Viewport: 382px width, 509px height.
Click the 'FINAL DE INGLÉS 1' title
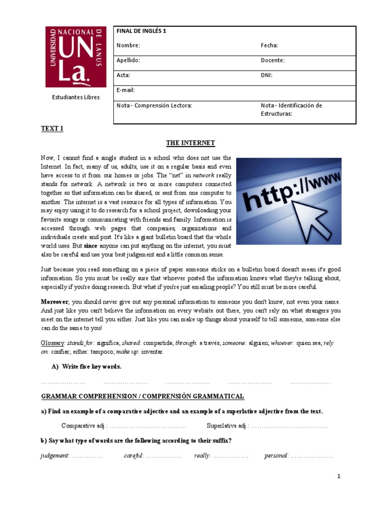pyautogui.click(x=141, y=31)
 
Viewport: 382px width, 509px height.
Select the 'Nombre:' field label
pyautogui.click(x=128, y=46)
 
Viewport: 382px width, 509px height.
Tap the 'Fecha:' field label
pyautogui.click(x=269, y=46)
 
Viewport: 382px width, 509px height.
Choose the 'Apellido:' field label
pyautogui.click(x=128, y=60)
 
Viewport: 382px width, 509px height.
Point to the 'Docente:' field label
pyautogui.click(x=273, y=60)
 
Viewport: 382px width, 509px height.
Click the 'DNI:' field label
pyautogui.click(x=267, y=75)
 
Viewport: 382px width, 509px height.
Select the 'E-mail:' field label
pyautogui.click(x=126, y=90)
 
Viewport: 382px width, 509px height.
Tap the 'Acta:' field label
pyautogui.click(x=123, y=75)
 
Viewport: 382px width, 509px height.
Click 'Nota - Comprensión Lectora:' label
pyautogui.click(x=154, y=105)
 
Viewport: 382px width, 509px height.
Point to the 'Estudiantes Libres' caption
pyautogui.click(x=76, y=97)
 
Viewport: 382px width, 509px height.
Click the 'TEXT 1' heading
pyautogui.click(x=52, y=129)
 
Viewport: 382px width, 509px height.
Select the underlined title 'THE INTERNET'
pyautogui.click(x=191, y=143)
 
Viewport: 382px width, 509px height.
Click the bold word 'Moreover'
pyautogui.click(x=55, y=302)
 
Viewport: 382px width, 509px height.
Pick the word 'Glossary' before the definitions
pyautogui.click(x=52, y=343)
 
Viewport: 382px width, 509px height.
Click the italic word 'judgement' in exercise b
pyautogui.click(x=54, y=456)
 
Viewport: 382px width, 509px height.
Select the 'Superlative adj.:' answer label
pyautogui.click(x=227, y=426)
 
